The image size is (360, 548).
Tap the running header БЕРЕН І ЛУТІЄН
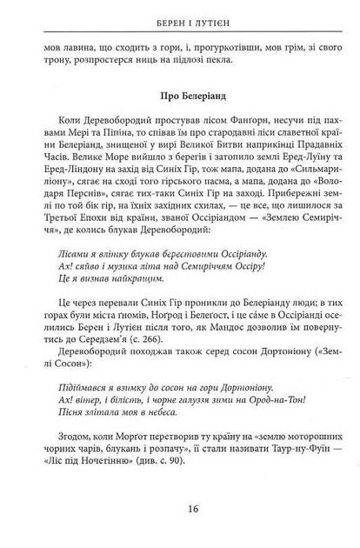180,18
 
